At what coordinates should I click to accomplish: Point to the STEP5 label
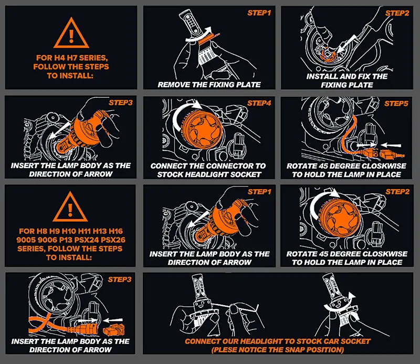tap(396, 103)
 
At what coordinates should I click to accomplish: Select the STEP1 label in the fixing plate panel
tap(259, 13)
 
